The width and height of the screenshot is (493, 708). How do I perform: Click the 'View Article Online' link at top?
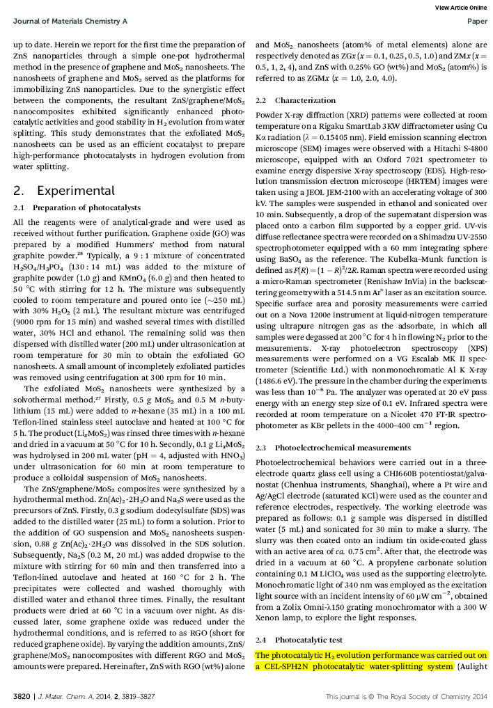point(460,7)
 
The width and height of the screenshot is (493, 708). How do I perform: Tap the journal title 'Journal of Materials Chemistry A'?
point(70,22)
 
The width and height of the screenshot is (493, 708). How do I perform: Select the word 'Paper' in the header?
point(477,22)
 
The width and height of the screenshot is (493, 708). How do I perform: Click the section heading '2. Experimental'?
point(56,190)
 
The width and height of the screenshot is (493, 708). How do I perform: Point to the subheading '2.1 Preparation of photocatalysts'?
point(77,207)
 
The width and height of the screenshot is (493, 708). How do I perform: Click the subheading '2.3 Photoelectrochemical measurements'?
point(333,447)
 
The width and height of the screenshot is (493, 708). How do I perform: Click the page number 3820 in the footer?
point(20,696)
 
